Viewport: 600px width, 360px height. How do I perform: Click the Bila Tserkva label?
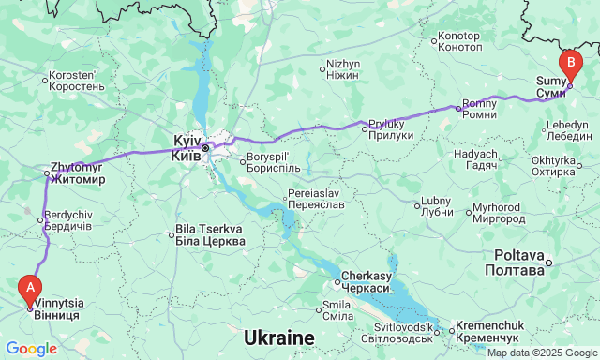click(211, 235)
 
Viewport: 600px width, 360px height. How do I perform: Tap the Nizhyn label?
click(343, 69)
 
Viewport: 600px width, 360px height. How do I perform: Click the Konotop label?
click(459, 42)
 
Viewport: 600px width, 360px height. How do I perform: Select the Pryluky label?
click(390, 129)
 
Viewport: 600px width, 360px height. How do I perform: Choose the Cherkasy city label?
click(367, 281)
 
